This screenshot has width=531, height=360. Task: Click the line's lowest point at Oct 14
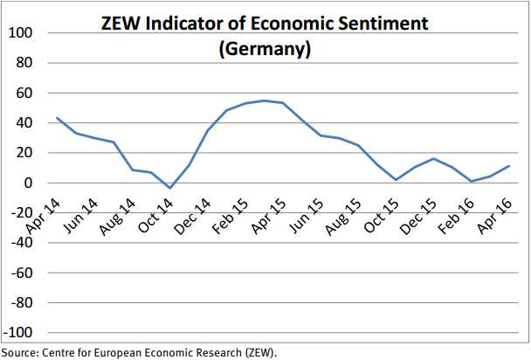click(x=170, y=188)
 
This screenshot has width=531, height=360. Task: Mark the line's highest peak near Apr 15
click(x=264, y=100)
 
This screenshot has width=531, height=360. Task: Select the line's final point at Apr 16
click(x=509, y=166)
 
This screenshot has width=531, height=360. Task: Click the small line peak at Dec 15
click(x=434, y=158)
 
